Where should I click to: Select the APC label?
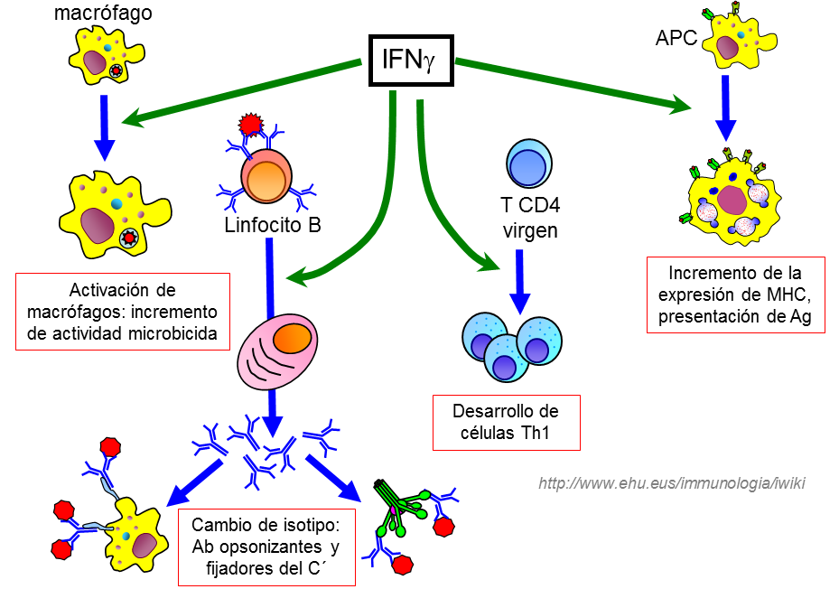[676, 39]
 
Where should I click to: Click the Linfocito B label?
[272, 224]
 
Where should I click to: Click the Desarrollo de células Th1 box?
[506, 422]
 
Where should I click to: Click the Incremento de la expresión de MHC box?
[735, 294]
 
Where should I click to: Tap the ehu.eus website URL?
[670, 483]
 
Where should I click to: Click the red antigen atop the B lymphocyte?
[250, 126]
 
